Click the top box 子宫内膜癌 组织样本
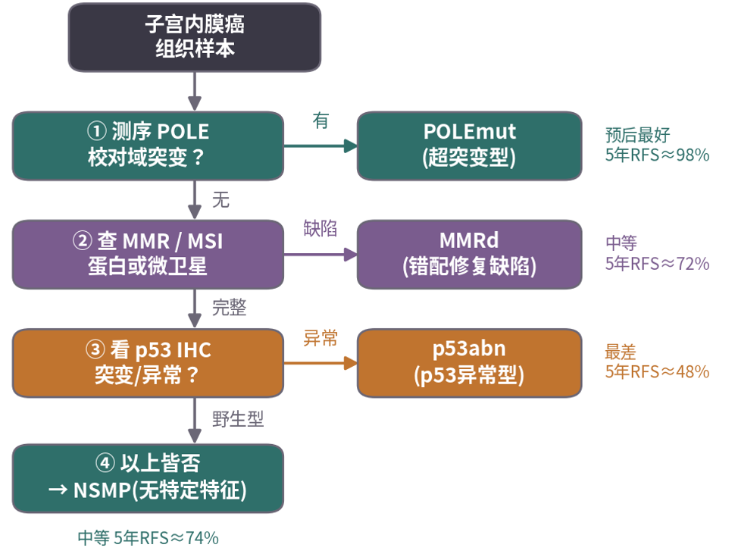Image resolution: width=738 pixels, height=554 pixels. pos(195,37)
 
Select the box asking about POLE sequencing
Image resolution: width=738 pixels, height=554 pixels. pos(148,146)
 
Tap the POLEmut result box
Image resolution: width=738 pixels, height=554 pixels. pos(469,146)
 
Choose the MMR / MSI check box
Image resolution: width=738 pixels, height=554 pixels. pos(148,254)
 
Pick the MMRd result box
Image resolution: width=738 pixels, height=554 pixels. pos(469,254)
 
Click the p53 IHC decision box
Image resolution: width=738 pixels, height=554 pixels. pos(148,363)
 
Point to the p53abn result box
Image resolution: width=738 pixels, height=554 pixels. pos(469,363)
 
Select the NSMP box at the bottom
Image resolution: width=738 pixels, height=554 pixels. pos(148,478)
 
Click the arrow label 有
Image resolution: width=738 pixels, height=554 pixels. pos(321,121)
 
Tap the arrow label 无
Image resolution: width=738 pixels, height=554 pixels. pos(220,199)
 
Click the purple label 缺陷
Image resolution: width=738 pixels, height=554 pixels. pos(320,228)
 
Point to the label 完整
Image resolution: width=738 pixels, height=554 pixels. pos(230,308)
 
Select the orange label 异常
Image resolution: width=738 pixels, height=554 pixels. pos(320,338)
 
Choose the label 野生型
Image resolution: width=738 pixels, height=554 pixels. pos(238,418)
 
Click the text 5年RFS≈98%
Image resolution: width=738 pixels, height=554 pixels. pos(657,155)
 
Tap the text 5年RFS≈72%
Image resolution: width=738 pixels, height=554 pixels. pos(657,264)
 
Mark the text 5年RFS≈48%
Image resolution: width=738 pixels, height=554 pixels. pos(657,372)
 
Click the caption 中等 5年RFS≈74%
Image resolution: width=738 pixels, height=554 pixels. pos(148,537)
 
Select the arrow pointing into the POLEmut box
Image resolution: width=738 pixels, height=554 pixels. pos(321,146)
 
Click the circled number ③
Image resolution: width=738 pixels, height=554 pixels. pos(95,349)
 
